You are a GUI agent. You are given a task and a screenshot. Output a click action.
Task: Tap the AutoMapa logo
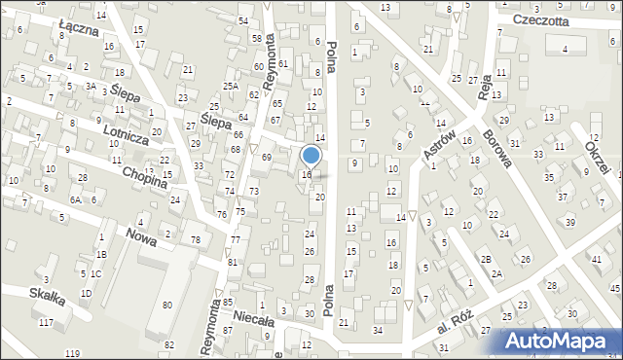[x=560, y=341]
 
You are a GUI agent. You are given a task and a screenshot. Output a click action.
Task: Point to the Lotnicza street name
[x=123, y=139]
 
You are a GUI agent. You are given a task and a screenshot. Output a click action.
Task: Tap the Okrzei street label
[x=598, y=157]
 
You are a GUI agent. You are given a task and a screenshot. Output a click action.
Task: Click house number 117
[x=45, y=322]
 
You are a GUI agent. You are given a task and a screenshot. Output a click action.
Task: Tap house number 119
[x=71, y=353]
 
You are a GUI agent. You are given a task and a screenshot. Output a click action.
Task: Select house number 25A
[x=230, y=87]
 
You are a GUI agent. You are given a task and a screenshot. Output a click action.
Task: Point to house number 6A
[x=74, y=198]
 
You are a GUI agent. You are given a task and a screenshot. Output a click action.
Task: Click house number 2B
[x=485, y=260]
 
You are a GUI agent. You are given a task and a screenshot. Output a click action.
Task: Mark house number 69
[x=266, y=157]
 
